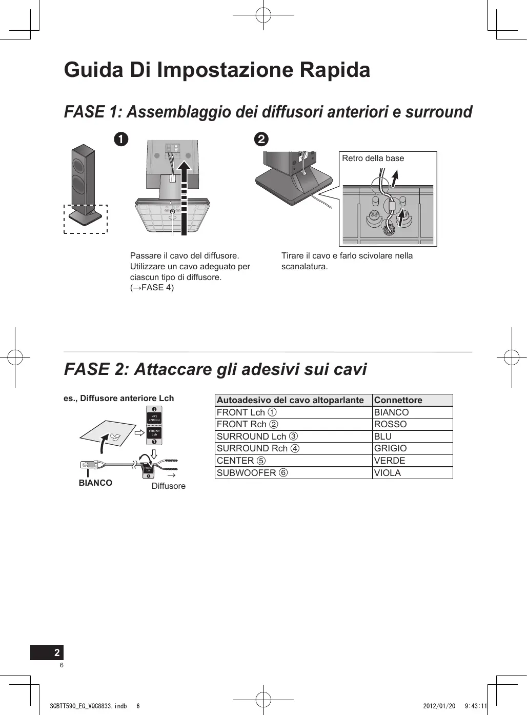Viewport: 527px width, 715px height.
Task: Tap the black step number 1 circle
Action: point(121,139)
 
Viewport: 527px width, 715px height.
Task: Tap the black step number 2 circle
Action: point(261,139)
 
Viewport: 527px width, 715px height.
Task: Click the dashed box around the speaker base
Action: point(86,220)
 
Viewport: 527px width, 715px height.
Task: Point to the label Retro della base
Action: point(373,158)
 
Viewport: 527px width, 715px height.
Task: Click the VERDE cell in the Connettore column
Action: point(390,461)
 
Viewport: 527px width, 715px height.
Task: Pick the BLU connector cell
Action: point(383,436)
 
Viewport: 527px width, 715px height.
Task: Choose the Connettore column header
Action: point(398,400)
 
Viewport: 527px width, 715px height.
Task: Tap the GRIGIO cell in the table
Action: point(390,448)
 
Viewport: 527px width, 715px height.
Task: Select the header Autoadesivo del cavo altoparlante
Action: point(290,400)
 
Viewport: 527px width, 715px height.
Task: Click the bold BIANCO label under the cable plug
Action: point(95,483)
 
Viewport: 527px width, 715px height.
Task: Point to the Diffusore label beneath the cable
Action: point(169,486)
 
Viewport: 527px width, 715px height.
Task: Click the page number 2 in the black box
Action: point(57,652)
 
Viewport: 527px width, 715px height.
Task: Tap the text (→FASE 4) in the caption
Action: point(152,288)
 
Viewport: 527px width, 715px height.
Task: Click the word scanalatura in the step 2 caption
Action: point(304,267)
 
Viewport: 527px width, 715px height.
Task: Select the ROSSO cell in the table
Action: point(390,424)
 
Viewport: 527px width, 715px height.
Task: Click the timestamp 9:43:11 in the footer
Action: point(476,706)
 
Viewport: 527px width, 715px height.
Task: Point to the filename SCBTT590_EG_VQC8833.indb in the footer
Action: point(88,706)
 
